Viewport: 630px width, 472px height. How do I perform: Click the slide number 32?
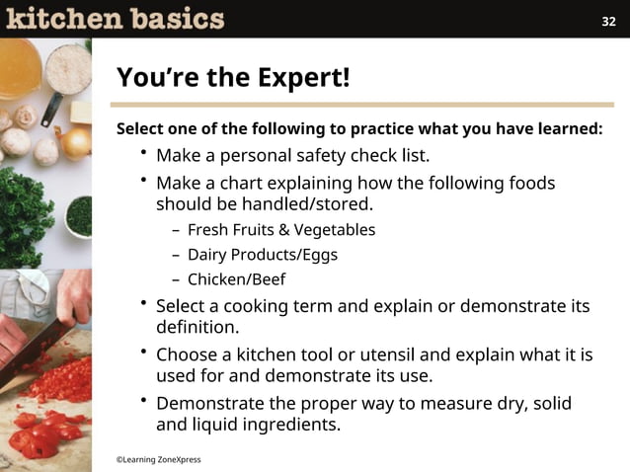click(608, 22)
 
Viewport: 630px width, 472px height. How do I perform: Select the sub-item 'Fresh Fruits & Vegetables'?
click(280, 230)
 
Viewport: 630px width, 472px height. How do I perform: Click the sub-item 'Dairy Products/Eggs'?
click(262, 255)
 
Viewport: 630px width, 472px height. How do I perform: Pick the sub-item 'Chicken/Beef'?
click(236, 279)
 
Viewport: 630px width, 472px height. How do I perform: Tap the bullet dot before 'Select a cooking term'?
click(143, 302)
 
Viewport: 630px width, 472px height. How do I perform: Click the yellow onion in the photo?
click(76, 141)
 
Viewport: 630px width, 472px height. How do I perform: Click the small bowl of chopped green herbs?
click(78, 215)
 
